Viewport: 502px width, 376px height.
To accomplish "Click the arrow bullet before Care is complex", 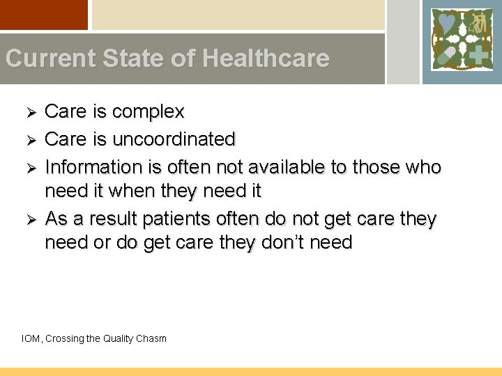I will tap(29, 112).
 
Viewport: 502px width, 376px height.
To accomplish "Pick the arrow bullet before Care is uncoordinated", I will tap(29, 139).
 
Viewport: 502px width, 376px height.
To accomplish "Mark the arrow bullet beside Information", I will tap(29, 167).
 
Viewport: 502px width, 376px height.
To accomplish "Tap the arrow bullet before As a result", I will tap(29, 219).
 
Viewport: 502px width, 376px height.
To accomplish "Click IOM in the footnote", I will tap(31, 339).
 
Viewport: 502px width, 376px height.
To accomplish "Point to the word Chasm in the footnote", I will tap(151, 339).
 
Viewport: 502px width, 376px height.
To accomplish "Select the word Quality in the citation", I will tap(119, 339).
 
